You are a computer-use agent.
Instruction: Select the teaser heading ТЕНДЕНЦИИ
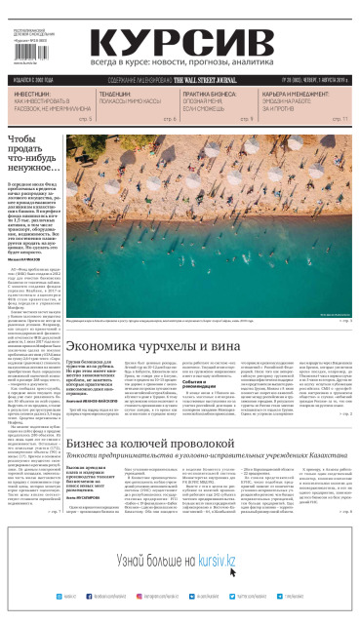pos(121,95)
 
